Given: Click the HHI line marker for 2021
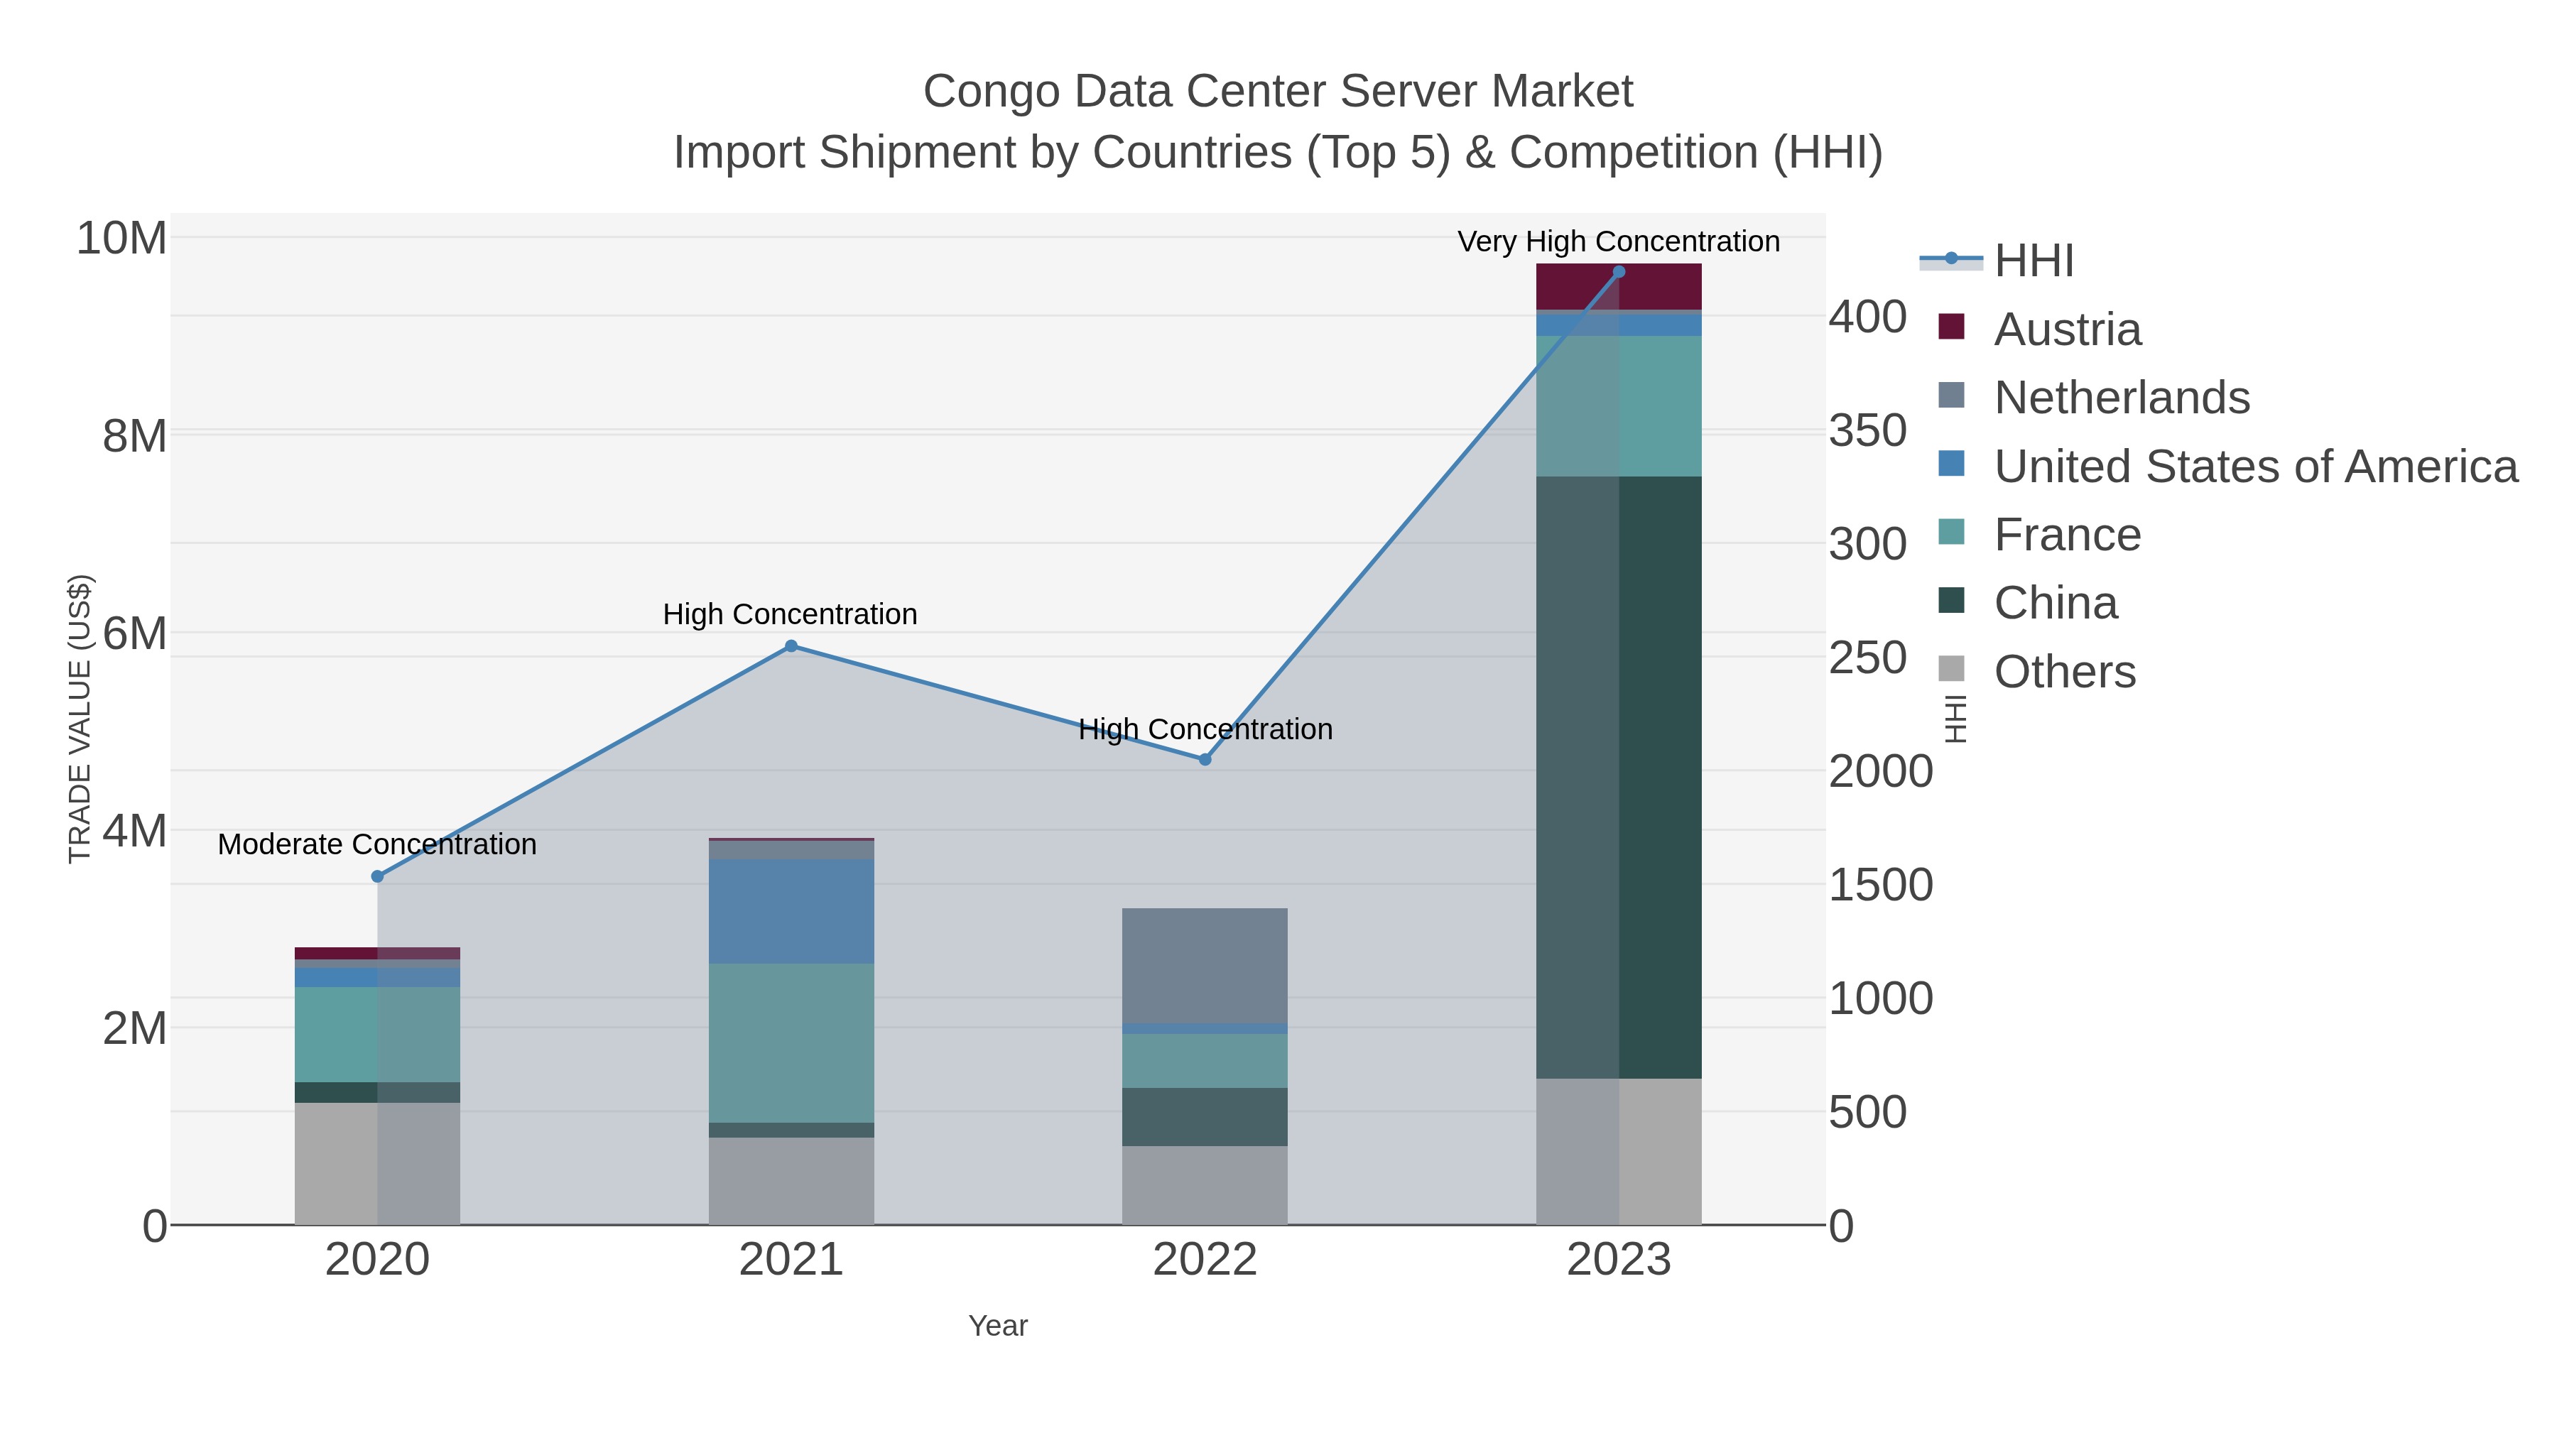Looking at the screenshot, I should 791,646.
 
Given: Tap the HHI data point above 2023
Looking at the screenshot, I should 1619,272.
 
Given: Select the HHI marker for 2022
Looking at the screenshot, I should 1205,759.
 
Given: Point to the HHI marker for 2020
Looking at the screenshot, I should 377,876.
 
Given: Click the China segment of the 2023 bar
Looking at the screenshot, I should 1619,777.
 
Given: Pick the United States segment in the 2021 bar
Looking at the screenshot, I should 791,911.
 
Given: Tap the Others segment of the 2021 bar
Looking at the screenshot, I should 791,1180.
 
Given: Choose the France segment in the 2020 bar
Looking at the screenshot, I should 377,1034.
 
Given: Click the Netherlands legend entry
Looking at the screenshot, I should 2121,398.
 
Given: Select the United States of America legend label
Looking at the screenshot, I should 2255,467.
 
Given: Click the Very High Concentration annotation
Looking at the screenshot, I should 1618,241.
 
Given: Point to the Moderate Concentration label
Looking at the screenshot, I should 377,844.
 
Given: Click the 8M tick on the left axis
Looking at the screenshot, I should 134,436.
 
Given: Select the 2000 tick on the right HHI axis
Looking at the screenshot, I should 1880,772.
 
